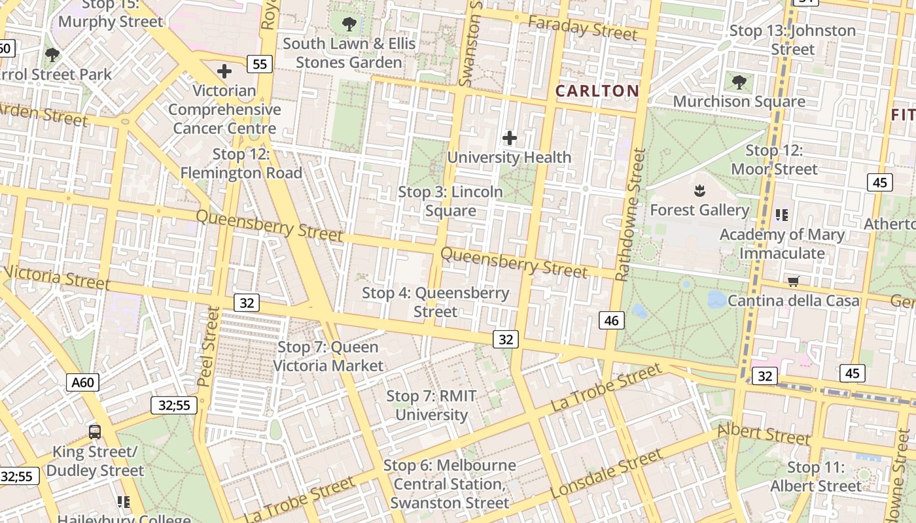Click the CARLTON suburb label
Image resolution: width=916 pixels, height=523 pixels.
point(597,91)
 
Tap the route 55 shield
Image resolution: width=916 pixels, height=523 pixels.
point(260,63)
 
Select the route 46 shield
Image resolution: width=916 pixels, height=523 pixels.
point(612,320)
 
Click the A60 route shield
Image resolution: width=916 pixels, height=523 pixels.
point(82,382)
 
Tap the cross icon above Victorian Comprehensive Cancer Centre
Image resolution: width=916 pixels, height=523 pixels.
point(224,71)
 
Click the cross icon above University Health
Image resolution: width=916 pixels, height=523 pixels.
point(509,138)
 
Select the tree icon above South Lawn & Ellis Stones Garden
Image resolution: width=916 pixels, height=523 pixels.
point(349,25)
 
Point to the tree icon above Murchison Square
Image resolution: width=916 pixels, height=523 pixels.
point(739,82)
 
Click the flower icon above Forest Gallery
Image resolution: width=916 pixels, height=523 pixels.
point(699,191)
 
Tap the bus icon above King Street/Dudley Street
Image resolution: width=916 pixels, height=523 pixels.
point(95,431)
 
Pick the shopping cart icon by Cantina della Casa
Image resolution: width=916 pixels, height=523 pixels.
point(794,282)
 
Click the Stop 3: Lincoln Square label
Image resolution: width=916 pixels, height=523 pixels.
point(451,201)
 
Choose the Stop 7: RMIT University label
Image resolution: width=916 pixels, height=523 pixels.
point(431,405)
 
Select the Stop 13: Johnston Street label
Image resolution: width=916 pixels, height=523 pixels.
point(792,40)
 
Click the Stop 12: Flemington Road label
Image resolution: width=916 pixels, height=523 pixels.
point(241,164)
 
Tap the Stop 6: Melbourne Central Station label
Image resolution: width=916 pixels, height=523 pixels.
point(449,484)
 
